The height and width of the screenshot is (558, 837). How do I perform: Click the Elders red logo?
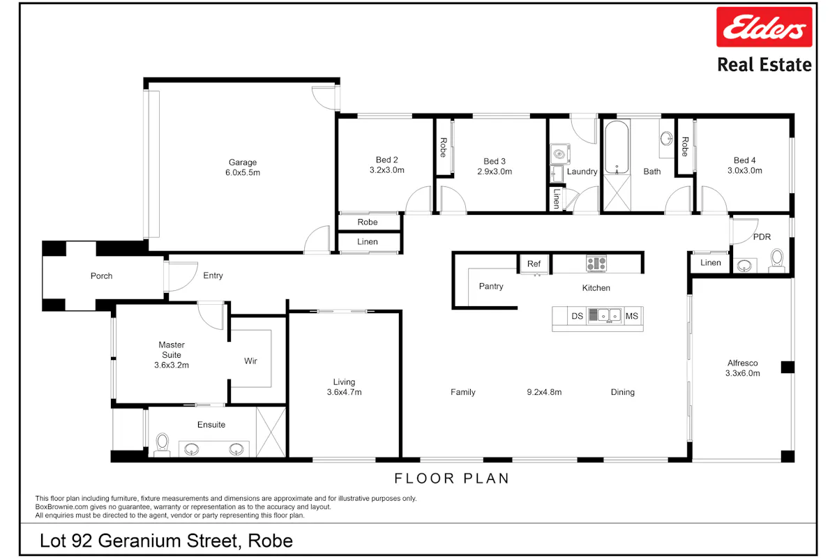click(x=764, y=27)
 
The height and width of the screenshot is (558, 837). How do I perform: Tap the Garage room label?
click(x=243, y=163)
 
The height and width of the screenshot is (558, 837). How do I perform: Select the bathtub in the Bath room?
click(x=617, y=147)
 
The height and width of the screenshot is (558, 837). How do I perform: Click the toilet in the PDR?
click(x=777, y=260)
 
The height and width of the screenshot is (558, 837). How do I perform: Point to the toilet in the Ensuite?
click(x=162, y=445)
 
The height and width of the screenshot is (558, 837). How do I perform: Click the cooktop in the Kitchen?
click(x=596, y=263)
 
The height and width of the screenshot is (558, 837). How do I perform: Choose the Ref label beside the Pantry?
click(x=534, y=264)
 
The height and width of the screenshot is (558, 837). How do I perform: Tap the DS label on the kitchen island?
click(x=577, y=316)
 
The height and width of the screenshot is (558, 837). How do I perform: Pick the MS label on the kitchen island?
click(x=631, y=316)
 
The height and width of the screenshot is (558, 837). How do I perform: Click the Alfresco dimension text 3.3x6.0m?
click(x=742, y=373)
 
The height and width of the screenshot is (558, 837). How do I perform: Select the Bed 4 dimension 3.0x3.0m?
click(x=744, y=170)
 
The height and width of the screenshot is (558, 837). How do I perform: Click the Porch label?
click(x=101, y=276)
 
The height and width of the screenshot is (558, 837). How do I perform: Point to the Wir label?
click(x=250, y=361)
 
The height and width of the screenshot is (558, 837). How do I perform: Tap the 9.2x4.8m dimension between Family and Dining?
click(x=544, y=392)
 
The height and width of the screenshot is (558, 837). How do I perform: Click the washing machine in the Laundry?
click(x=559, y=153)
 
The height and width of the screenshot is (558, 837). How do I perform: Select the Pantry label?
click(x=491, y=286)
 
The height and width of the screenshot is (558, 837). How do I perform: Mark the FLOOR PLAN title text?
click(x=452, y=478)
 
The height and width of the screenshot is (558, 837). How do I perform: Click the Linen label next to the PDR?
click(x=710, y=262)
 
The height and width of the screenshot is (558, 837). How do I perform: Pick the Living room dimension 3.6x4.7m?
click(x=344, y=392)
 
